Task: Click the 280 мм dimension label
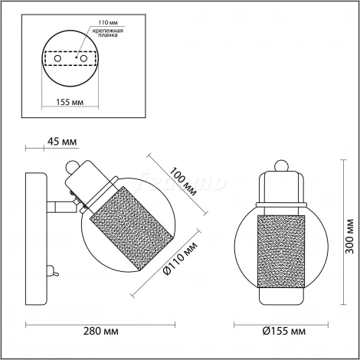point(101,332)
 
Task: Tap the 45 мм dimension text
point(62,141)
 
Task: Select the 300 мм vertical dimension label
point(349,236)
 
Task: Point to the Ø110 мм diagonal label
point(181,258)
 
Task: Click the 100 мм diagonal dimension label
point(184,182)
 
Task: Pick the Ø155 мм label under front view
point(283,332)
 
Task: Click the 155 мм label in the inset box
point(70,102)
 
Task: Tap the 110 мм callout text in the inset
point(108,23)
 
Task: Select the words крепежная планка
point(108,33)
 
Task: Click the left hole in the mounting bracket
point(57,59)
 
